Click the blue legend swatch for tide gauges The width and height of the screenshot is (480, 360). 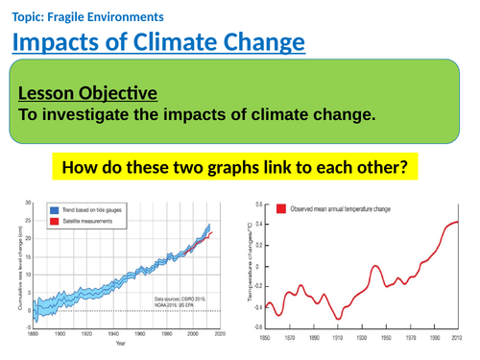[55, 209]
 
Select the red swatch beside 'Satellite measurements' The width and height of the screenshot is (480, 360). [55, 221]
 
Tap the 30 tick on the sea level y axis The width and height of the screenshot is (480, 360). [29, 204]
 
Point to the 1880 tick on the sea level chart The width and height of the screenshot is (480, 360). [35, 335]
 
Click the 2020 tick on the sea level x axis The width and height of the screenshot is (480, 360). [219, 335]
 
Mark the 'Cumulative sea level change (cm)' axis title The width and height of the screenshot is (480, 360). [12, 266]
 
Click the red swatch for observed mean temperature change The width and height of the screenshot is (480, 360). [279, 207]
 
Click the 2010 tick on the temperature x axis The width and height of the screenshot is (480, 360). [457, 338]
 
